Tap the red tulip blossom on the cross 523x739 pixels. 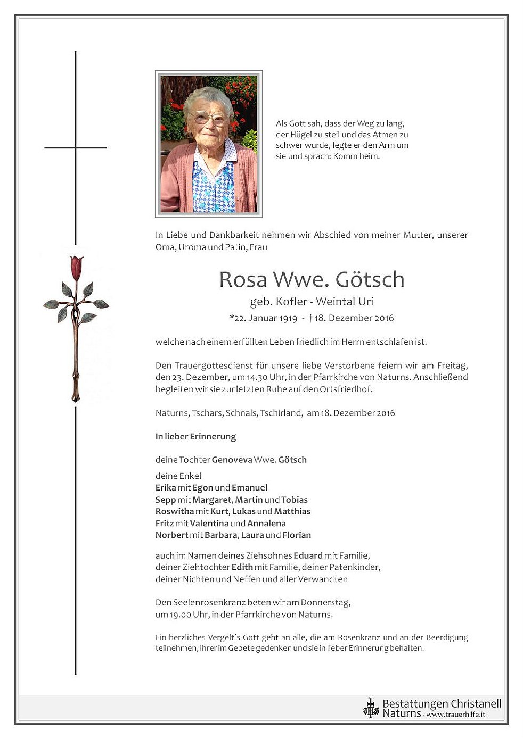76,267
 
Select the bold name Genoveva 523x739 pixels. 232,460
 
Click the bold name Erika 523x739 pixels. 166,487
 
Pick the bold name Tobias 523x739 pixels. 295,500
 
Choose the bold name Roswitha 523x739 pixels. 175,511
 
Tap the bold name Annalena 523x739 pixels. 266,523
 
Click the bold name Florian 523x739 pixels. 297,535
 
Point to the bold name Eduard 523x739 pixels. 308,555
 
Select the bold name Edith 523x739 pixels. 242,567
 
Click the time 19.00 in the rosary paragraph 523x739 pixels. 180,615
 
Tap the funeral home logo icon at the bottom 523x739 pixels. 370,708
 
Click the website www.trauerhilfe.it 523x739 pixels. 455,715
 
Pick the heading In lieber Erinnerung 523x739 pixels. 195,436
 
